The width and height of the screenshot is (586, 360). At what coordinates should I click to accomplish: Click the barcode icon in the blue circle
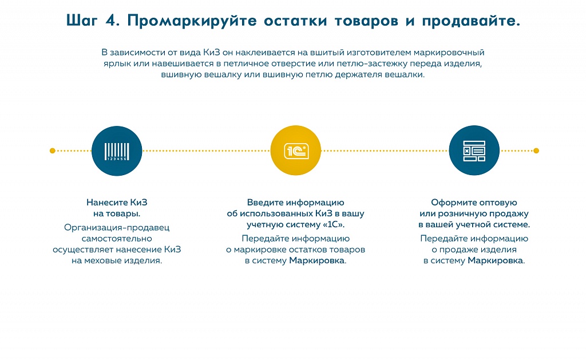pyautogui.click(x=117, y=152)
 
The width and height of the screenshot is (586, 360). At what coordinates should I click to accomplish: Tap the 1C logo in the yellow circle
pyautogui.click(x=296, y=151)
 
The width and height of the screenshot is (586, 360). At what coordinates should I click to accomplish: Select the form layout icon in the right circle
pyautogui.click(x=474, y=151)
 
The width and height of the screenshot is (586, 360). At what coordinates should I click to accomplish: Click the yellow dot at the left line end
pyautogui.click(x=52, y=151)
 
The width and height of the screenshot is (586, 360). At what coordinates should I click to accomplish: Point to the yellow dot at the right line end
pyautogui.click(x=536, y=151)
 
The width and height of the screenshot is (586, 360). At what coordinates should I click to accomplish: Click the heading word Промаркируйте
pyautogui.click(x=192, y=21)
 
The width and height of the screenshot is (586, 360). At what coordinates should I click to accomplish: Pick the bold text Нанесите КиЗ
pyautogui.click(x=117, y=202)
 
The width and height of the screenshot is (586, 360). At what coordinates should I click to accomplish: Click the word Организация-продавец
pyautogui.click(x=117, y=227)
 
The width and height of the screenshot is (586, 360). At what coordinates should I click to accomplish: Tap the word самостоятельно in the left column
pyautogui.click(x=117, y=239)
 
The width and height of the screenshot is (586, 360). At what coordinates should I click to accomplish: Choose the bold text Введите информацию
pyautogui.click(x=296, y=203)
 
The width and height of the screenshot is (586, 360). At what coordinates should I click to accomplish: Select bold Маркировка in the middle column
pyautogui.click(x=316, y=260)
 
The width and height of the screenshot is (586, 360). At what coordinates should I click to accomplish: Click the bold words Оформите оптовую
pyautogui.click(x=474, y=203)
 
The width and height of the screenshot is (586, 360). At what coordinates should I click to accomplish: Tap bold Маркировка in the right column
pyautogui.click(x=495, y=260)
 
